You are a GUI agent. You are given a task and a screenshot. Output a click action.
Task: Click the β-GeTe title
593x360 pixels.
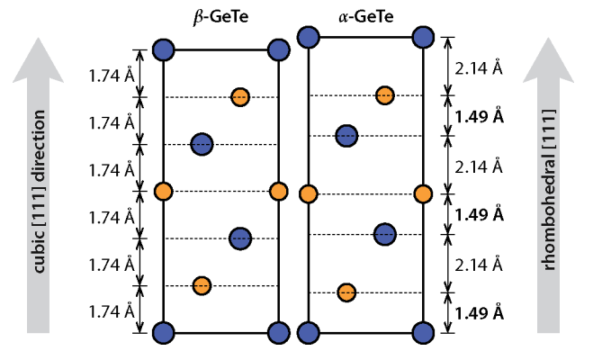coord(220,17)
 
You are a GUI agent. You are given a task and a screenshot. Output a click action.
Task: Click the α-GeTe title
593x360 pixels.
coord(365,17)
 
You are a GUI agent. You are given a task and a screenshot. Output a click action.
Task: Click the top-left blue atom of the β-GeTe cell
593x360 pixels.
coord(163,49)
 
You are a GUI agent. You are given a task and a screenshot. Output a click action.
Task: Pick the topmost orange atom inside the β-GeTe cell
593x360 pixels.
coord(239,96)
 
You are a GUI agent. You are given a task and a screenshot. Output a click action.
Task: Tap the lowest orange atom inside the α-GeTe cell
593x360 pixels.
coord(346,292)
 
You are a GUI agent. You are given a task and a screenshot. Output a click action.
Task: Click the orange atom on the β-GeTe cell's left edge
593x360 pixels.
coord(163,192)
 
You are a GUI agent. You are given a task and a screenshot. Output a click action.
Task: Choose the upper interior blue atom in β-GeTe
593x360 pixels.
coord(202,144)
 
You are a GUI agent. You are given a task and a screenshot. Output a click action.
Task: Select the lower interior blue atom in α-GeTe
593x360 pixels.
coord(385,234)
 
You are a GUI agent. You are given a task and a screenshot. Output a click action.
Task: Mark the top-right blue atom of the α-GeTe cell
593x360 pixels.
coord(421,37)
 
